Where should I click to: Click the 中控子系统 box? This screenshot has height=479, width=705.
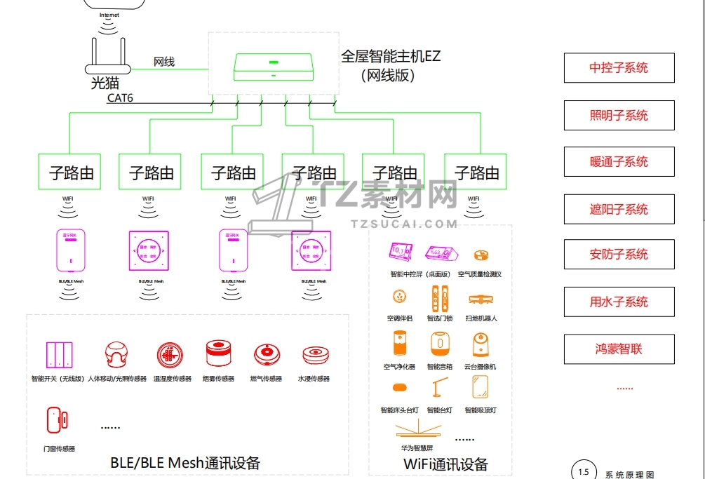619,68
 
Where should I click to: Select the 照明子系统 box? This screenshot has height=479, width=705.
619,116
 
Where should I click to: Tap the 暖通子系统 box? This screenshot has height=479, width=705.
619,162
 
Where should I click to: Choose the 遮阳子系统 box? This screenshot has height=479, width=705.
619,209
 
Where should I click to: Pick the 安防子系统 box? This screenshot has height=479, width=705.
619,255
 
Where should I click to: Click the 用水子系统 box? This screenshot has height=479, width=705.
619,302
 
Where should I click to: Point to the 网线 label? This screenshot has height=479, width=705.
164,62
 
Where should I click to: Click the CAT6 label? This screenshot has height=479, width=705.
120,98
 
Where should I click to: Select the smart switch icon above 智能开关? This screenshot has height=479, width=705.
59,355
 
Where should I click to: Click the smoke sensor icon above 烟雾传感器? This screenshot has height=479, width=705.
219,355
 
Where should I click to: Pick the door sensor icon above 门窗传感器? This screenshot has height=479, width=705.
57,420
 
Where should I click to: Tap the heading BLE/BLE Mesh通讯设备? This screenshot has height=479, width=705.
185,463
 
